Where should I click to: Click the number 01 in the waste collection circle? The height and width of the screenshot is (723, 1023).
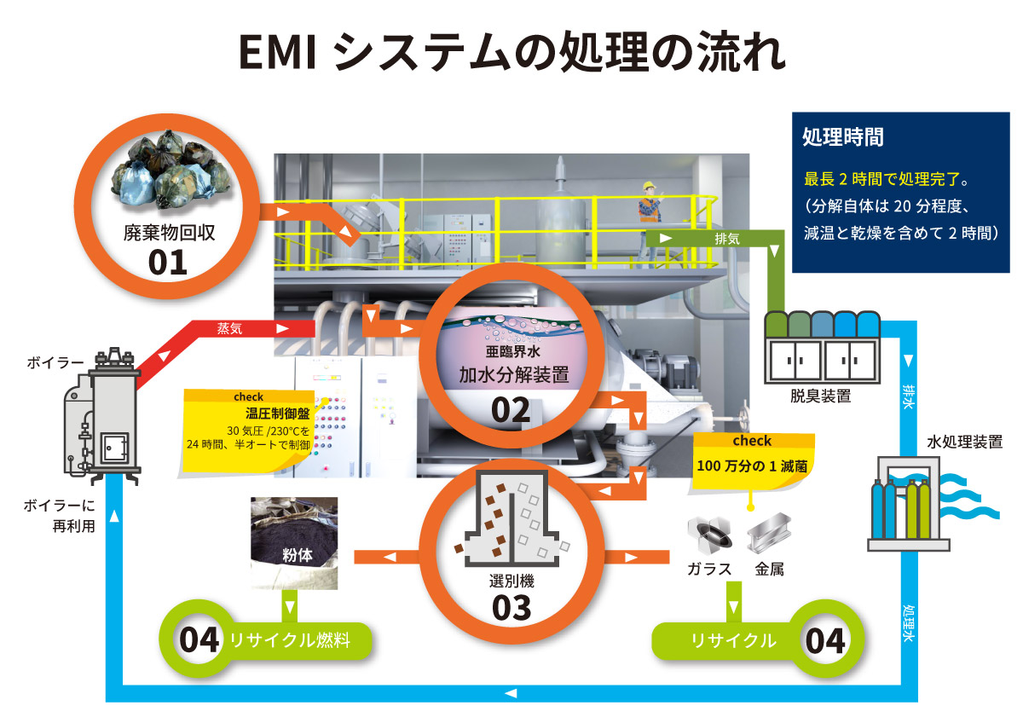pos(167,261)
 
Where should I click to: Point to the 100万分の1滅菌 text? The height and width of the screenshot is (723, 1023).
pos(752,466)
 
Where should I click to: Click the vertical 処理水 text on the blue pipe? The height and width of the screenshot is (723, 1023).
pos(909,625)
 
